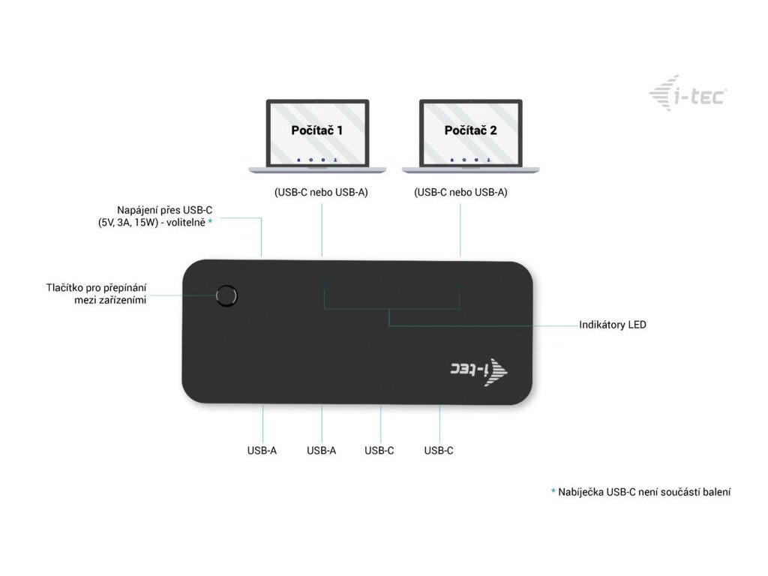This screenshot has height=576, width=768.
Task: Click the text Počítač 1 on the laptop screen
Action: click(316, 130)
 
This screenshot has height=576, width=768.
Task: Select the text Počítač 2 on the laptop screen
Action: click(470, 130)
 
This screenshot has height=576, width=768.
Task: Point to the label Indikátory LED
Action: click(612, 325)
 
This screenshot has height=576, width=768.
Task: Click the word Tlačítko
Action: click(64, 287)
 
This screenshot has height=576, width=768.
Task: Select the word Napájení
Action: click(137, 210)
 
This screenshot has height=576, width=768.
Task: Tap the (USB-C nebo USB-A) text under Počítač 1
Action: click(321, 192)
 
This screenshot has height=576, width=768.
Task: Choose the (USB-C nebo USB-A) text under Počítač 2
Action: click(460, 192)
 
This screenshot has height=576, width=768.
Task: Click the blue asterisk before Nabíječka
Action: click(553, 492)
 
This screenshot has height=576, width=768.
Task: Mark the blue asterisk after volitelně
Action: click(211, 223)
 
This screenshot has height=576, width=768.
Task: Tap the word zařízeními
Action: click(124, 300)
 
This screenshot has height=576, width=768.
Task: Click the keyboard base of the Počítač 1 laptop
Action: click(317, 169)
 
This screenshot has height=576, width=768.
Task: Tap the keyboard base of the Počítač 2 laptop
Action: click(470, 169)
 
